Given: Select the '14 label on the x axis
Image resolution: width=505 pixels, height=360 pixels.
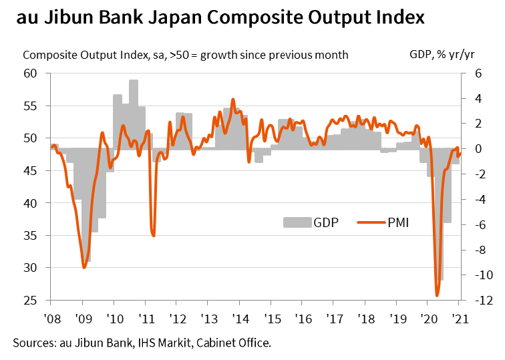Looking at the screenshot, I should pos(238,318).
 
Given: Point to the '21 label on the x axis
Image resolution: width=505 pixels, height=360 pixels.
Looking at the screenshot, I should pos(459,318).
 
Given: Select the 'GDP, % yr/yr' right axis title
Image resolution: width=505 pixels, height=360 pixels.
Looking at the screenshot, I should pos(437,55).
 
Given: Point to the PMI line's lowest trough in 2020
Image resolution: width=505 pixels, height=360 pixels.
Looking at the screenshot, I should pos(437,295).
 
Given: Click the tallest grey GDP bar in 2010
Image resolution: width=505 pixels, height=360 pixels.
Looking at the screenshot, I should pos(134,83).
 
